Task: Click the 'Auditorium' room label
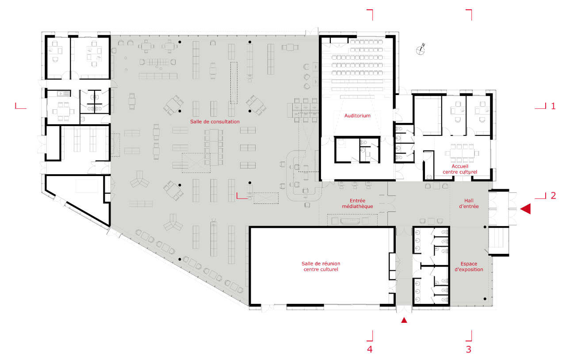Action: click(357, 116)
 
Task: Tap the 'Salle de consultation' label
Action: click(215, 122)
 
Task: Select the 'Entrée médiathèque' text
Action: click(357, 203)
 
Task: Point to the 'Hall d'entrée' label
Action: click(469, 203)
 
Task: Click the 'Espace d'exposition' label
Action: click(469, 267)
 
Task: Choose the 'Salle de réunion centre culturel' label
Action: click(321, 266)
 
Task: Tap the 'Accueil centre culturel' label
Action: click(460, 169)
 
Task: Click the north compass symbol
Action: click(421, 50)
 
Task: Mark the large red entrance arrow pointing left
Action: click(525, 209)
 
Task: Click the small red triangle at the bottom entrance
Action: click(404, 320)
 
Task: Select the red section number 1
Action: click(553, 106)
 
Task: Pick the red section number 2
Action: click(553, 195)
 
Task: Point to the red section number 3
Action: click(468, 349)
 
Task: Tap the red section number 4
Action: click(370, 349)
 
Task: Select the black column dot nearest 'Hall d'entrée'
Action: click(485, 227)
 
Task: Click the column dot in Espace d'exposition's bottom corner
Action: click(485, 299)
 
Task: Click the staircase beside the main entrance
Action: click(498, 241)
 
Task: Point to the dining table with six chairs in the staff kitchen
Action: click(63, 111)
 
